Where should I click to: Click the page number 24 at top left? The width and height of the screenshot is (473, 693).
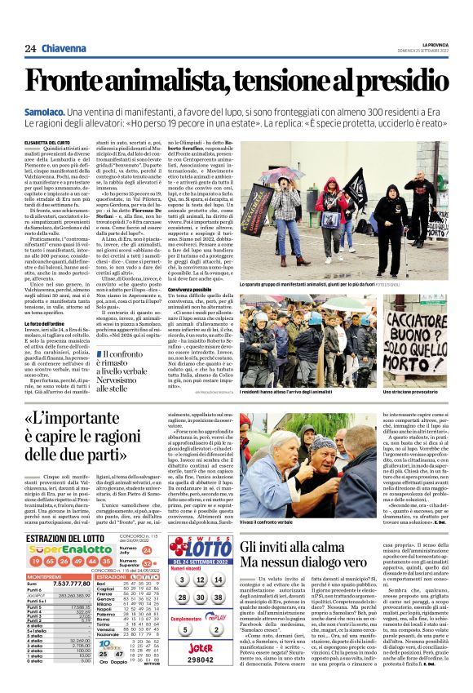tap(30, 49)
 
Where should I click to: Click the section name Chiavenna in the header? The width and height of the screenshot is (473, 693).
tap(63, 49)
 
